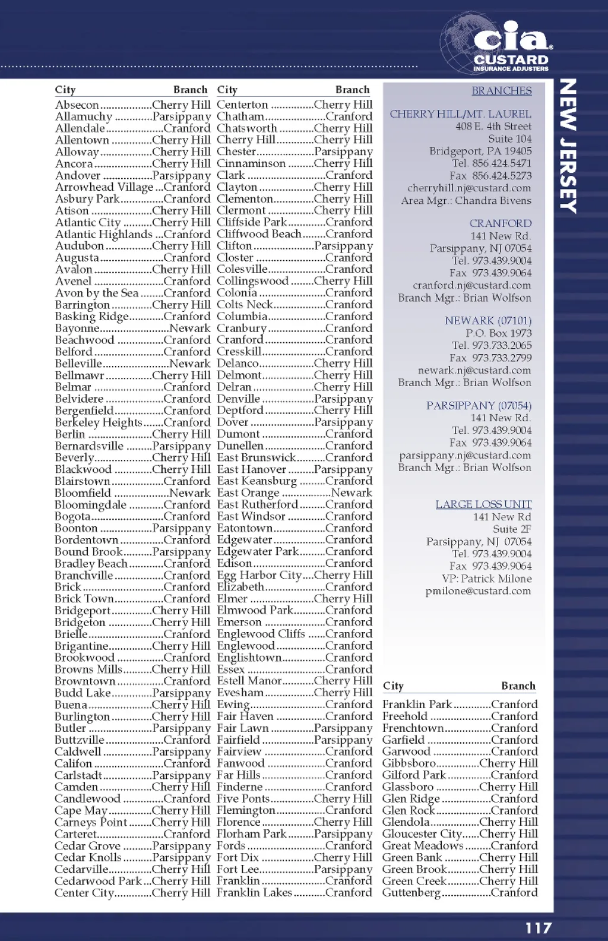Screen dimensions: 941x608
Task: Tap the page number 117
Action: pyautogui.click(x=538, y=928)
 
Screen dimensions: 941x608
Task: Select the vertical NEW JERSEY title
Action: pyautogui.click(x=568, y=146)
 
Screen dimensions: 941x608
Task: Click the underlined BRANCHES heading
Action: pyautogui.click(x=502, y=91)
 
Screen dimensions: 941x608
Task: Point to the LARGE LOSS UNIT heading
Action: pyautogui.click(x=483, y=504)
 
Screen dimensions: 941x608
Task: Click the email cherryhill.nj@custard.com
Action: pyautogui.click(x=469, y=188)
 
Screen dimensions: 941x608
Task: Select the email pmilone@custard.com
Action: pyautogui.click(x=478, y=591)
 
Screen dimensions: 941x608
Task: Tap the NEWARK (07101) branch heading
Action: pyautogui.click(x=488, y=321)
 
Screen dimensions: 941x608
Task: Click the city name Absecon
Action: pyautogui.click(x=77, y=105)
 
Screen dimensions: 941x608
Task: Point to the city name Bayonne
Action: pyautogui.click(x=77, y=329)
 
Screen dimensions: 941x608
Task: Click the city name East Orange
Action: pyautogui.click(x=248, y=493)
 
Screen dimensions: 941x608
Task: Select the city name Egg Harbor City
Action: pyautogui.click(x=259, y=575)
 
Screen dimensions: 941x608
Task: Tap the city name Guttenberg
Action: pyautogui.click(x=411, y=893)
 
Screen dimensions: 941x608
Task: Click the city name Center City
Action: pyautogui.click(x=84, y=893)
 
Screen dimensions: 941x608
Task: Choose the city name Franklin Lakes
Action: pyautogui.click(x=254, y=893)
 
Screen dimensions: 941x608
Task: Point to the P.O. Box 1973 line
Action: pyautogui.click(x=499, y=333)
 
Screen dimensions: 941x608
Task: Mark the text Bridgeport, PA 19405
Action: pyautogui.click(x=480, y=151)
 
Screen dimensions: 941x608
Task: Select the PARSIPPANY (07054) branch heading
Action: pyautogui.click(x=479, y=406)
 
